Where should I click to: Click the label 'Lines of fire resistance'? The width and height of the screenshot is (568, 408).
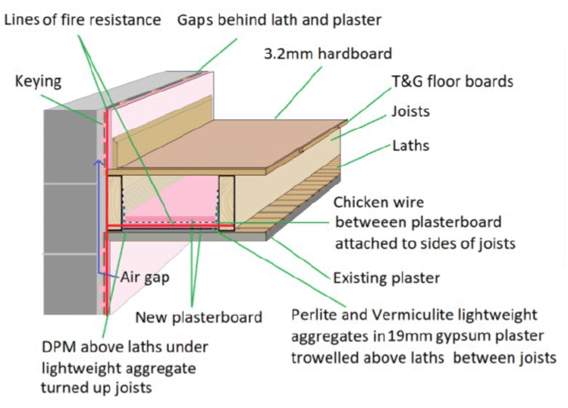83,20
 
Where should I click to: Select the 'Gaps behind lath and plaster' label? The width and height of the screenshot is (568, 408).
280,20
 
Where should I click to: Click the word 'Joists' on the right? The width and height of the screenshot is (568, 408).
410,111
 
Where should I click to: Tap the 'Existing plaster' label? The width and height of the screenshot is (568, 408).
387,278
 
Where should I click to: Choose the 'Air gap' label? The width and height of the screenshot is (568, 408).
144,277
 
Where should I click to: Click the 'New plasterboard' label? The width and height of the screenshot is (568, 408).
199,316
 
